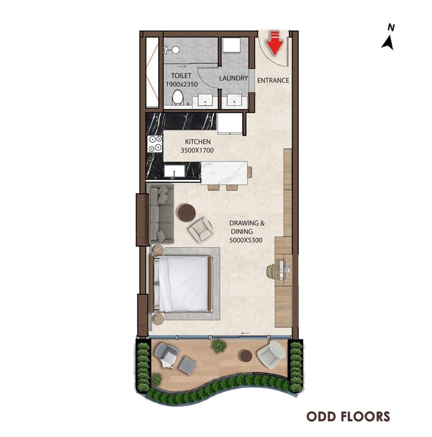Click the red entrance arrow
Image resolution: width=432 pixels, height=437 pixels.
coord(275,43)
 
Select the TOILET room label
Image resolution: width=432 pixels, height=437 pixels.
coord(181,76)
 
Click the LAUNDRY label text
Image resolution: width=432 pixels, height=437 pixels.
coord(233,78)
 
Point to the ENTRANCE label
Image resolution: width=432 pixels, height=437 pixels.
coord(273,81)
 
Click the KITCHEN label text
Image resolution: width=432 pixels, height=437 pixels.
coord(198,142)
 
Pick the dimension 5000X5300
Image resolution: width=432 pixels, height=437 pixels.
coord(246,240)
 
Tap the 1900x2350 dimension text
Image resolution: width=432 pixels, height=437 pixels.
coord(182,84)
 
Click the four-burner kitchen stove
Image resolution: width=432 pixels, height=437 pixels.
coord(155,144)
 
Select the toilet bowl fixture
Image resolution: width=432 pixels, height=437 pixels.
coord(178,97)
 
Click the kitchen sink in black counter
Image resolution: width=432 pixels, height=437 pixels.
coord(174,171)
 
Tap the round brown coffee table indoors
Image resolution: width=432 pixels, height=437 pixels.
coord(187,213)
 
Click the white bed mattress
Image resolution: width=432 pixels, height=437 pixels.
coord(183,284)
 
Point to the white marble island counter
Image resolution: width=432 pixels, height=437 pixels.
coord(224,173)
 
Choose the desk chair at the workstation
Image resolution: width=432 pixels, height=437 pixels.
coord(271,272)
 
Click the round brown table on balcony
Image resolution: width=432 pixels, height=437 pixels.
coord(246,356)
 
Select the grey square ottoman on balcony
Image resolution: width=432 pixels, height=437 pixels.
coord(187,365)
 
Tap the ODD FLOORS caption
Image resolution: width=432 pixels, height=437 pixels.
coord(348,416)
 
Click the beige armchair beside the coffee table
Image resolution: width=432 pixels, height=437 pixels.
coord(201,229)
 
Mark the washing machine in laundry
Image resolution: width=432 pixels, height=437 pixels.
coord(232,45)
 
